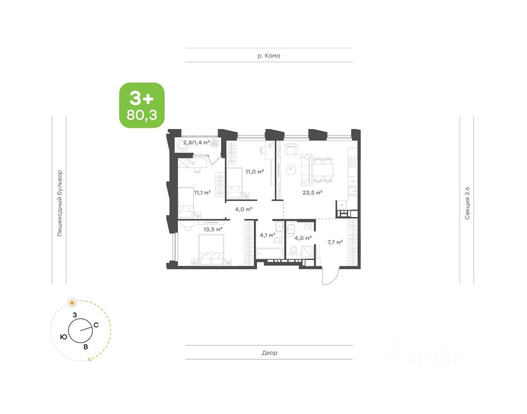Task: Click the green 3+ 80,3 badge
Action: (x=142, y=105)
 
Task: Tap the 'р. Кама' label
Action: (x=269, y=56)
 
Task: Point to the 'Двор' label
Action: (x=269, y=353)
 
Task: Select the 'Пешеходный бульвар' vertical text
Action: (x=60, y=203)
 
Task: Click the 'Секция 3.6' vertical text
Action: (x=467, y=203)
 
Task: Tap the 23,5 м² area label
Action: (x=313, y=193)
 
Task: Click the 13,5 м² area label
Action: (x=213, y=230)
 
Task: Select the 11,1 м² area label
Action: (x=202, y=193)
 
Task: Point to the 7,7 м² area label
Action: (x=335, y=242)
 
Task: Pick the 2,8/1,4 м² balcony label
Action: (x=197, y=142)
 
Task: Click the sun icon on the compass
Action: (x=72, y=303)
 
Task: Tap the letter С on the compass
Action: (x=96, y=325)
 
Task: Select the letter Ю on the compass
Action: (x=63, y=337)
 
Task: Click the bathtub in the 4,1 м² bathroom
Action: (x=269, y=253)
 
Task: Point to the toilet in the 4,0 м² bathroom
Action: (x=293, y=250)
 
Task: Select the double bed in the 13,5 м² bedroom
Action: (x=212, y=249)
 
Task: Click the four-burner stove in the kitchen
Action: (x=353, y=163)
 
